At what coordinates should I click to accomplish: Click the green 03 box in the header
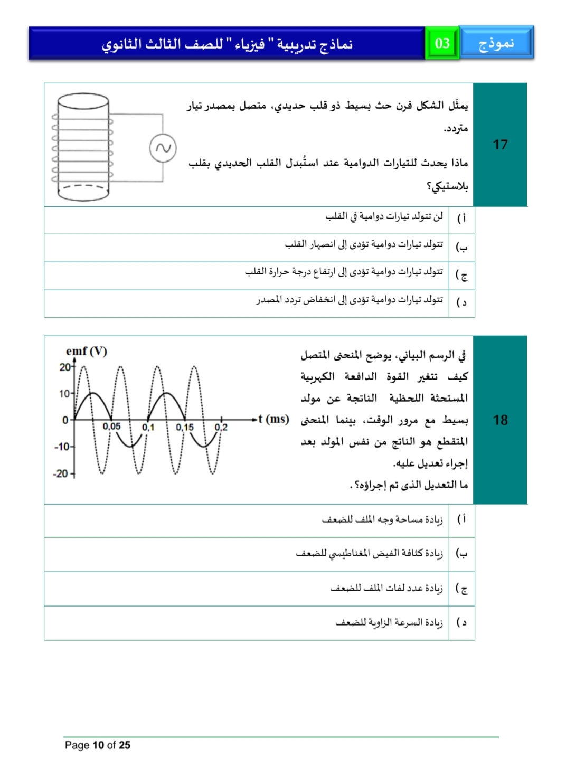coord(442,43)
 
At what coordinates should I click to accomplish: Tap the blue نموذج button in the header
coord(496,43)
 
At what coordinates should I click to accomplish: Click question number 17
coord(500,145)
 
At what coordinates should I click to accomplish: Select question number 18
coord(500,420)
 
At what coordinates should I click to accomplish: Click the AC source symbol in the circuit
coord(163,148)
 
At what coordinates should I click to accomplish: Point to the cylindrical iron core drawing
coord(83,147)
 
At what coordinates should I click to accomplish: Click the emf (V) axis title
coord(86,352)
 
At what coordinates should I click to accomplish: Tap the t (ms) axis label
coord(273,419)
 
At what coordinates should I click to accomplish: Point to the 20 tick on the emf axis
coord(65,367)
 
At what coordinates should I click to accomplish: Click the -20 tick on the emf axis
coord(61,473)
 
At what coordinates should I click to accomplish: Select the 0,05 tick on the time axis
coord(111,427)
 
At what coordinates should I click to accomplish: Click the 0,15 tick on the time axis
coord(185,427)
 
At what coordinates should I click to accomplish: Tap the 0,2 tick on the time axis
coord(221,427)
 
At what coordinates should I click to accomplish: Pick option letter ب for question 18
coord(462,554)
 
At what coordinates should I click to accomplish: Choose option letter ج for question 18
coord(462,589)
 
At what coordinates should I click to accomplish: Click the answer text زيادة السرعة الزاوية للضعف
coord(389,623)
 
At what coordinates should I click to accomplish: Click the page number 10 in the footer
coord(98,745)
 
